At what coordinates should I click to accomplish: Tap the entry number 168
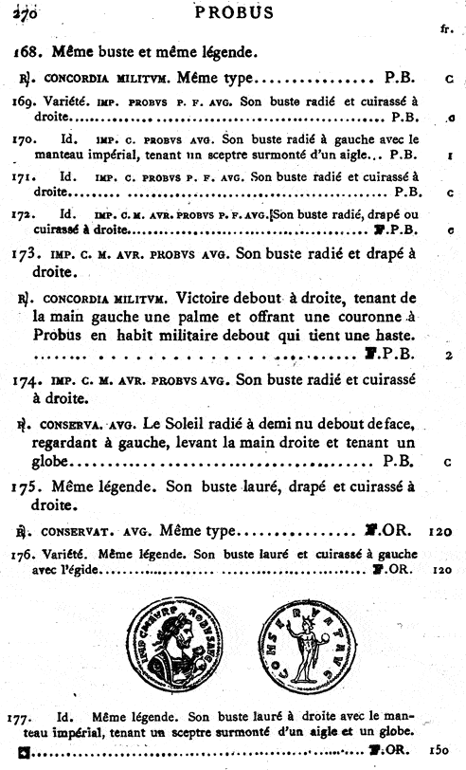[x=27, y=50]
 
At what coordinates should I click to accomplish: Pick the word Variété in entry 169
[x=61, y=101]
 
